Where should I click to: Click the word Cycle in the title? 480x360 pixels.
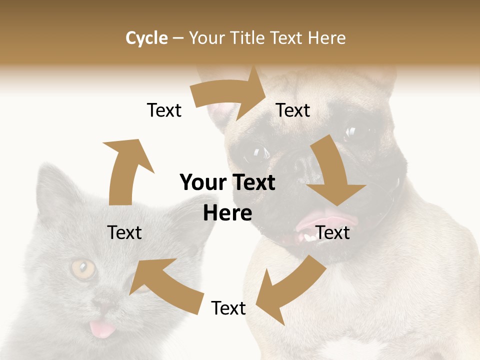pos(146,38)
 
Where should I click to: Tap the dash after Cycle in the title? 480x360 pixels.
pos(178,38)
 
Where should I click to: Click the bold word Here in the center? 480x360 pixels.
pos(227,213)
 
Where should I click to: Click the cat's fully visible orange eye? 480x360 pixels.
pos(83,269)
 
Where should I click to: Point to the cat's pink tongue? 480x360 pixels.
pos(98,329)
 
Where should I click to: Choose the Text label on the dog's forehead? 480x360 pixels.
pos(293,110)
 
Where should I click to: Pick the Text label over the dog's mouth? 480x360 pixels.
pos(332,232)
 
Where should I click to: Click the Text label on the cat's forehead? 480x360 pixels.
pos(124,232)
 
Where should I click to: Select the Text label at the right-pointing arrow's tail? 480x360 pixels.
pos(164,110)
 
